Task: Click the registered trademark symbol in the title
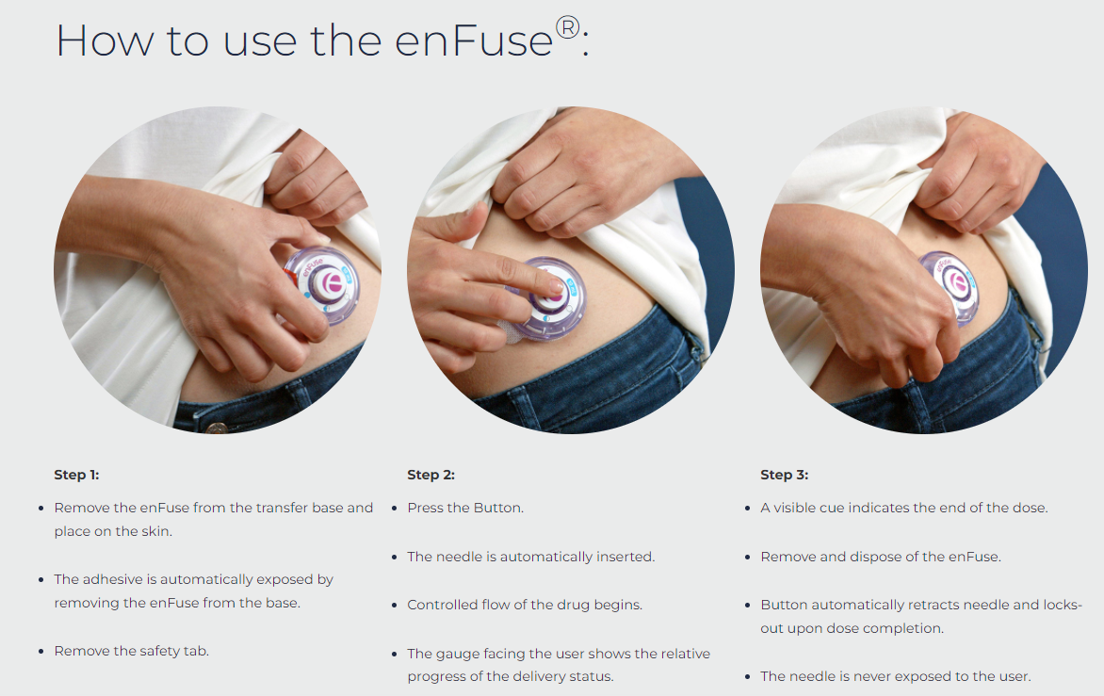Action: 567,27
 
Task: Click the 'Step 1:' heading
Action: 76,475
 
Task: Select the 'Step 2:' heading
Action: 430,475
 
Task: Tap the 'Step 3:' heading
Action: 785,475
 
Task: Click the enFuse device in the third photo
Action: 951,286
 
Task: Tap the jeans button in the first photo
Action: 217,428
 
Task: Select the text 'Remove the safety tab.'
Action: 132,651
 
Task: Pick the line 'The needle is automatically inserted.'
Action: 531,557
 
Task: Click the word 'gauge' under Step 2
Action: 458,654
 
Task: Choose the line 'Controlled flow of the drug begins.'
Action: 525,605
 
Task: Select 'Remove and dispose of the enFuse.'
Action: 881,557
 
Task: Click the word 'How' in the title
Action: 105,40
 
